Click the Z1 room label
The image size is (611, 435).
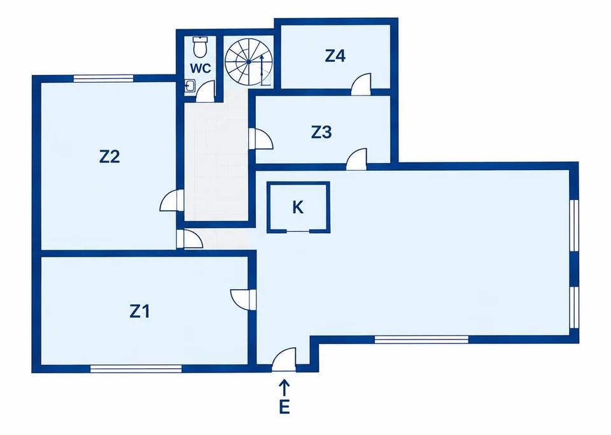(139, 311)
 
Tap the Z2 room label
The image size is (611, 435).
(109, 157)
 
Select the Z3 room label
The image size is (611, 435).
(321, 132)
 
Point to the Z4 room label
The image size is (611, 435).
(335, 56)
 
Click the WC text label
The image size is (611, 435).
(200, 68)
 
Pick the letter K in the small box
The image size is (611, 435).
(298, 208)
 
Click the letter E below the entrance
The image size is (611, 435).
(284, 407)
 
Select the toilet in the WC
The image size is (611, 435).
(200, 46)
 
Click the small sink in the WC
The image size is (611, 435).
(190, 85)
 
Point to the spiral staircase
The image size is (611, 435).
(249, 62)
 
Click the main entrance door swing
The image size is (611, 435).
(284, 360)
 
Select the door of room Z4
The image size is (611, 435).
(362, 84)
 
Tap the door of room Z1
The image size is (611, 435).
(243, 300)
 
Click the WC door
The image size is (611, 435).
(206, 91)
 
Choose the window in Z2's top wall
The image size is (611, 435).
(104, 78)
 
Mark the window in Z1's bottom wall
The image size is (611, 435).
(136, 369)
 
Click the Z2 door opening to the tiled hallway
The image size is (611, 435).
(171, 201)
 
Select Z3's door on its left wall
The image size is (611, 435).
(261, 139)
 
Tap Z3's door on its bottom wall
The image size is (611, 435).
(356, 159)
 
